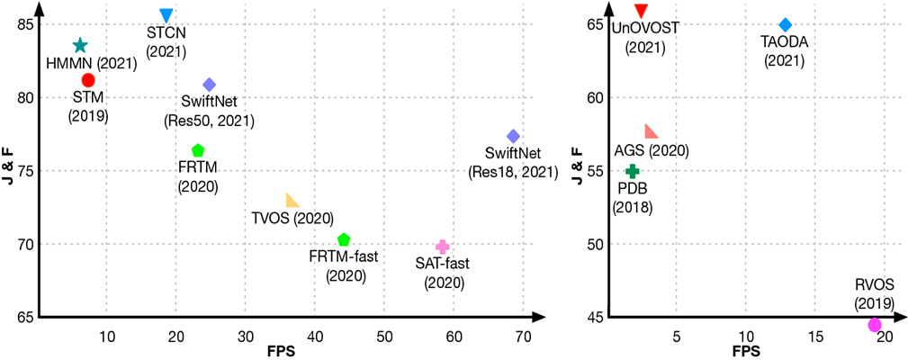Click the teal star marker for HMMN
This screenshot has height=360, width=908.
80,45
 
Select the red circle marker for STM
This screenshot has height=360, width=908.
88,81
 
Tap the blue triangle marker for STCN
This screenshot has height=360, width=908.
166,15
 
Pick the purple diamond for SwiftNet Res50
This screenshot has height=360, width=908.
209,85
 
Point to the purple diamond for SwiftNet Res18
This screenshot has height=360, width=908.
513,136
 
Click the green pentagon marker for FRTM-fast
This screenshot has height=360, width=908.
343,239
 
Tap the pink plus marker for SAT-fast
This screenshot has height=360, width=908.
442,247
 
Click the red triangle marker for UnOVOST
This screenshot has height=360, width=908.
641,11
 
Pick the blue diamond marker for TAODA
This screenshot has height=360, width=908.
785,24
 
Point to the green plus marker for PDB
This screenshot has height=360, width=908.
633,171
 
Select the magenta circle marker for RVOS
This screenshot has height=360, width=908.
875,325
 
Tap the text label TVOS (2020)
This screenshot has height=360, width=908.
293,218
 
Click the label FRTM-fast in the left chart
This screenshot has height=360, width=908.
343,257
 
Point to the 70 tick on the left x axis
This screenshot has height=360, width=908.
523,336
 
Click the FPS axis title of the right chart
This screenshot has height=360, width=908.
745,351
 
